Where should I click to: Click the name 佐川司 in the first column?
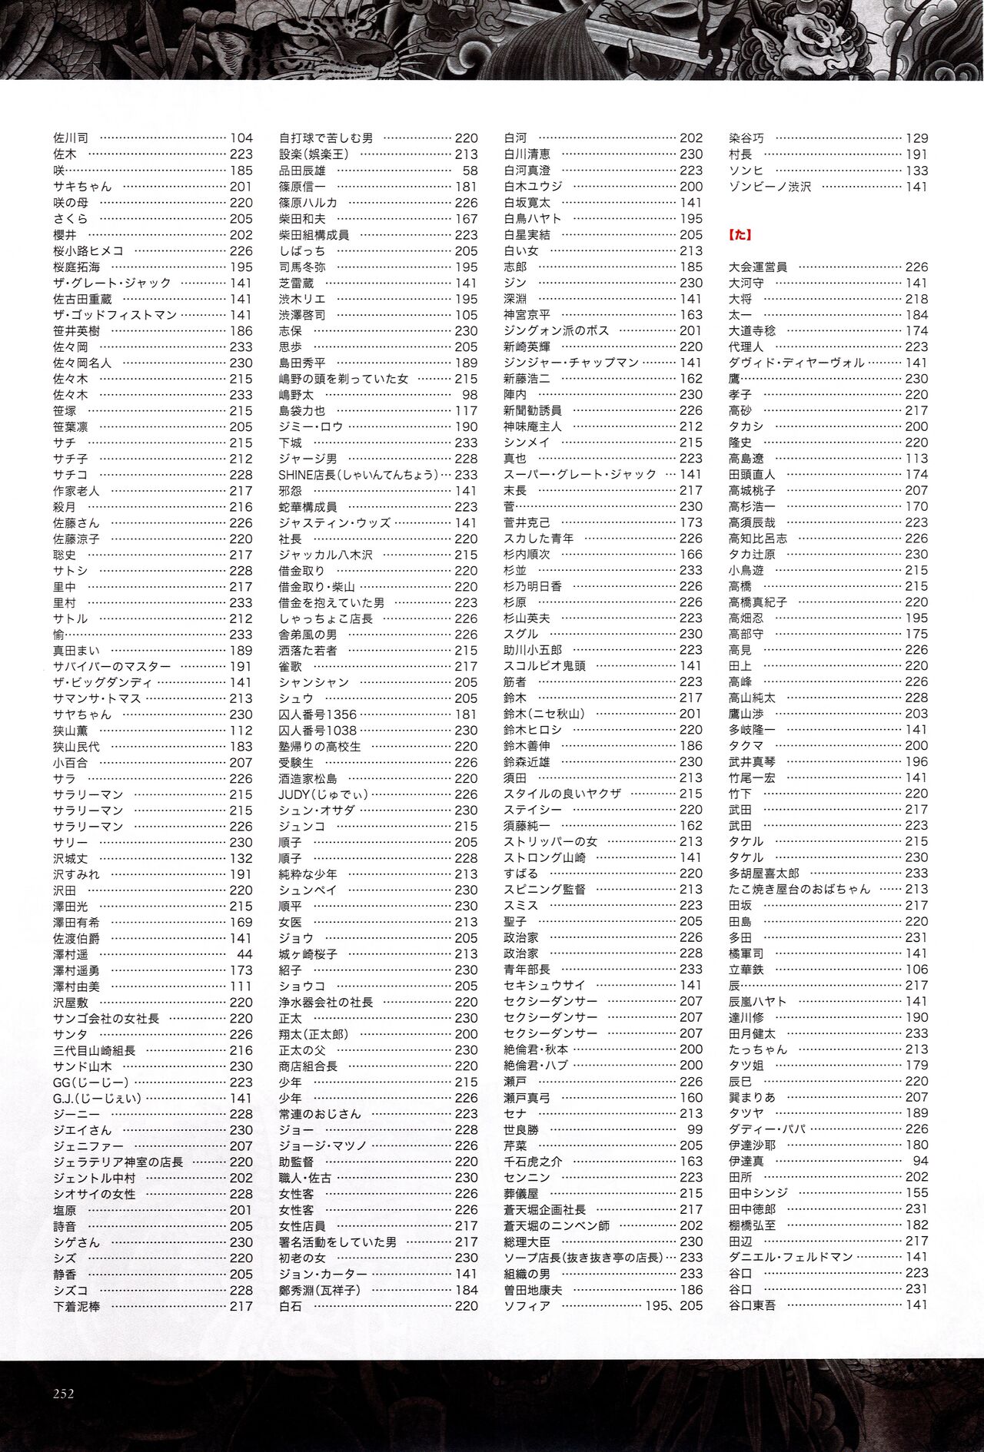71,138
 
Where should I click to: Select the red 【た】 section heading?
740,235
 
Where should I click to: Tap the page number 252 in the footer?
64,1394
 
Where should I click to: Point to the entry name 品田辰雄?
302,171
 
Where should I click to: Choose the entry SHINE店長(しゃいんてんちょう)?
358,475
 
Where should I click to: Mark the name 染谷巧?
746,138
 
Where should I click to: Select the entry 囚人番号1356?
317,714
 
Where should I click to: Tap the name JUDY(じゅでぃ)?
324,794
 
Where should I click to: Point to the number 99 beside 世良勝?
695,1129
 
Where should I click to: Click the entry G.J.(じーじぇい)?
98,1099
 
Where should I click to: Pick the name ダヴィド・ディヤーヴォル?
796,363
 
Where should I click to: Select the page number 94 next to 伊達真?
920,1161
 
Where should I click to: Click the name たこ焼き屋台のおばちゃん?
799,889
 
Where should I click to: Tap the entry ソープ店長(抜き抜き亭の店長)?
583,1258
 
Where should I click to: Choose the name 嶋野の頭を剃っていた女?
344,379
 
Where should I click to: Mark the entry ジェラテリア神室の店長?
118,1162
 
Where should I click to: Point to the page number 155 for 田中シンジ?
916,1193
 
